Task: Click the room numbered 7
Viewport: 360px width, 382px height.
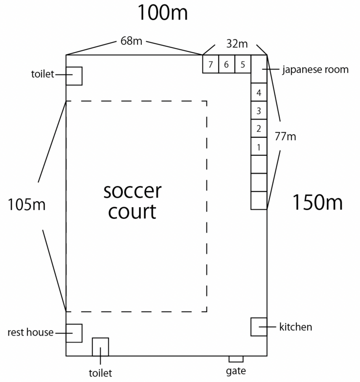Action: [x=210, y=64]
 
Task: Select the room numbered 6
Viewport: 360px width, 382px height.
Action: [x=226, y=64]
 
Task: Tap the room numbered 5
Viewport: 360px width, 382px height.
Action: [x=243, y=64]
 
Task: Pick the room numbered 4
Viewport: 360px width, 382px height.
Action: [x=259, y=92]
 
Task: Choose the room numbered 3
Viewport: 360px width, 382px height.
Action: [x=259, y=110]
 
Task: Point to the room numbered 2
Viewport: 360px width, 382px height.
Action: [x=259, y=128]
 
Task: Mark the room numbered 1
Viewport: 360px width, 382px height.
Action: [x=259, y=147]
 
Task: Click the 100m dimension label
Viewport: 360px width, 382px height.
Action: [x=162, y=13]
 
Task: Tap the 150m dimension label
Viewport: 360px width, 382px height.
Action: [x=317, y=202]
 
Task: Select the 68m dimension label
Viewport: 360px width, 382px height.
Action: [x=131, y=41]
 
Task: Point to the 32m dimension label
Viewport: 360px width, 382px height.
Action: [x=237, y=43]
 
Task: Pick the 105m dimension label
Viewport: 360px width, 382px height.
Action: [x=26, y=205]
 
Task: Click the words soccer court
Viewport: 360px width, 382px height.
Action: [x=132, y=201]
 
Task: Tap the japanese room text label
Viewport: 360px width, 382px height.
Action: [x=315, y=69]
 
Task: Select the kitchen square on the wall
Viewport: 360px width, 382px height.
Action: [x=259, y=327]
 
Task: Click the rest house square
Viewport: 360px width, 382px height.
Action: [x=74, y=333]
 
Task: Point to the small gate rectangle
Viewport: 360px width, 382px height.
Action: [x=236, y=359]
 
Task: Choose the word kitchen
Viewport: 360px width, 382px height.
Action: [x=295, y=327]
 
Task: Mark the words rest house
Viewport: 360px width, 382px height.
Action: [x=30, y=333]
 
